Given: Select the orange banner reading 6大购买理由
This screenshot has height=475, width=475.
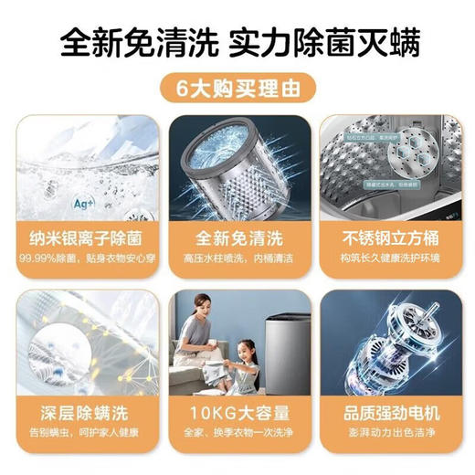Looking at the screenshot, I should (237, 90).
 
